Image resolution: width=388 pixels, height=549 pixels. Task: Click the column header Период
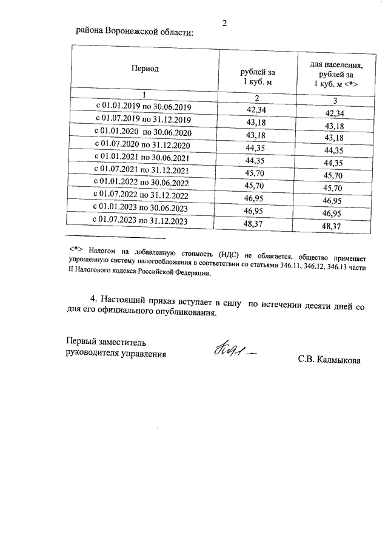coord(145,69)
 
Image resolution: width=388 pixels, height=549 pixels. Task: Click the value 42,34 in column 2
coord(255,110)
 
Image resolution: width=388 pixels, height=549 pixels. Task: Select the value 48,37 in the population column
coord(335,226)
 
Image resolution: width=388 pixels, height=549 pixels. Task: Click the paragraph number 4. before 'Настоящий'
coord(93,300)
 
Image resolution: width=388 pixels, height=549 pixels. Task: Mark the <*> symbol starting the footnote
coord(76,249)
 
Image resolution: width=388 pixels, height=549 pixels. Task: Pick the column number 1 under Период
coord(145,95)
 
